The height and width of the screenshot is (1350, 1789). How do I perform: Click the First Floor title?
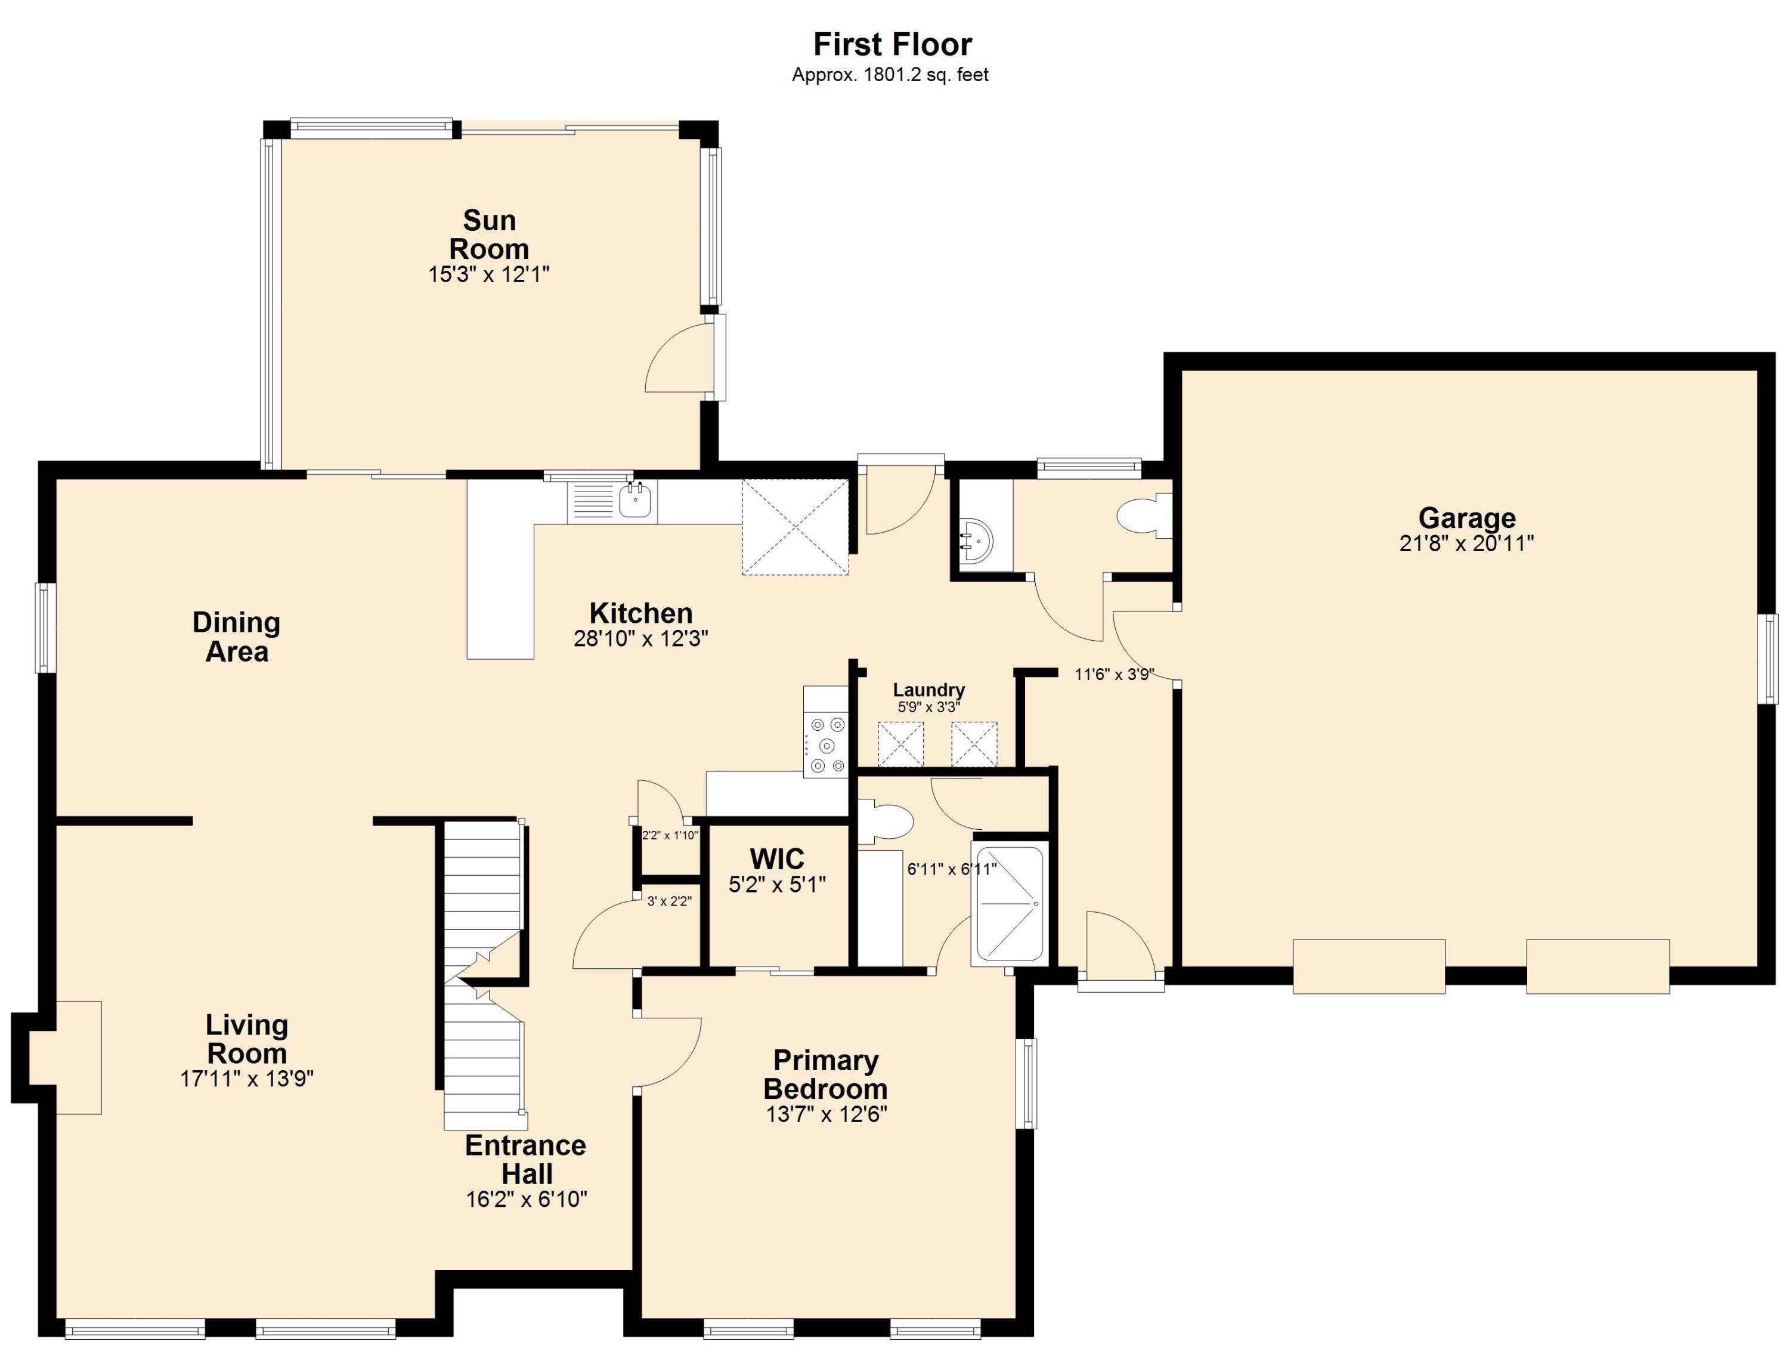(892, 45)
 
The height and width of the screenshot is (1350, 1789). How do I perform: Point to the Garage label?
(1466, 518)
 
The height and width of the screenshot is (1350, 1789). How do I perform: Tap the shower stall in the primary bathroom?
(1010, 904)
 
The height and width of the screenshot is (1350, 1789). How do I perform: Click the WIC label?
(776, 858)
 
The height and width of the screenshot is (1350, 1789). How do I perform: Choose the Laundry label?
(928, 690)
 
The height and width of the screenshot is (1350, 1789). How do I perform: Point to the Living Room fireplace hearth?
(79, 1057)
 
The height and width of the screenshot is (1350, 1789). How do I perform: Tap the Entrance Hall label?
(526, 1159)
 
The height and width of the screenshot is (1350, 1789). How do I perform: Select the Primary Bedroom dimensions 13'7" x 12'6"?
(826, 1114)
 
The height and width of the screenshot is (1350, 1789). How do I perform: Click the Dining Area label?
(236, 637)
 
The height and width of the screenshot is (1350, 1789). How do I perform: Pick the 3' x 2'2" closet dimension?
(669, 901)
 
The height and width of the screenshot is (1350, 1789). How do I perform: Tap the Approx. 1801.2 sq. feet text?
(890, 75)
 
